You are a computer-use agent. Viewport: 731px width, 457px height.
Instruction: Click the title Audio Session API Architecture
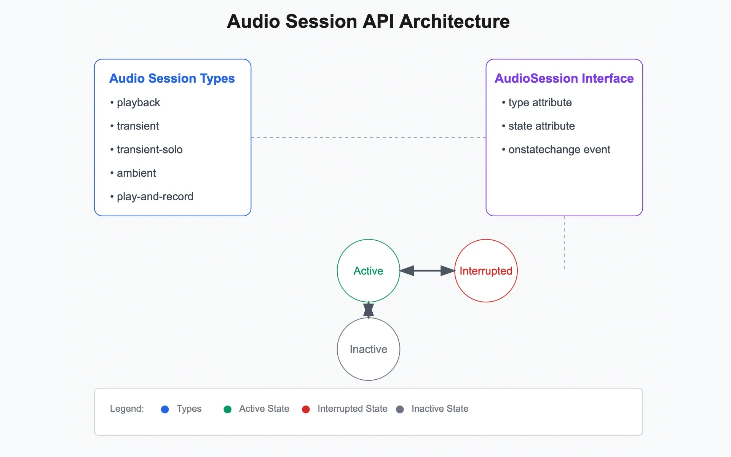(368, 21)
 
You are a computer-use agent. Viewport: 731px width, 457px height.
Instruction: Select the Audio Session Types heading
(172, 78)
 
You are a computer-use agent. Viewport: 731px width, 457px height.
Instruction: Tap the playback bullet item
(138, 103)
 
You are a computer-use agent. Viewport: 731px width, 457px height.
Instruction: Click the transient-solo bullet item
(149, 150)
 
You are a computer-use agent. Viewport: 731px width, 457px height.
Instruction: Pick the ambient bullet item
(136, 173)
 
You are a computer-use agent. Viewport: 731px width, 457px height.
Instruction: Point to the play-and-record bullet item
(155, 197)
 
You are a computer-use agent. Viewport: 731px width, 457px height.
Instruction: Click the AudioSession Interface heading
(564, 78)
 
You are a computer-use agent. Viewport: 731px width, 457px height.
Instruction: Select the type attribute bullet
(539, 103)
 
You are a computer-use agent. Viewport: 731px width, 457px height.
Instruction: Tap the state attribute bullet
(541, 126)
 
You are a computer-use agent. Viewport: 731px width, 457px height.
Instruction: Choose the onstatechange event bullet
(559, 150)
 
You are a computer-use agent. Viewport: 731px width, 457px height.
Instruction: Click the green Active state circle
(368, 271)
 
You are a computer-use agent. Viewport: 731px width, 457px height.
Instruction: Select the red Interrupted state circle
(486, 271)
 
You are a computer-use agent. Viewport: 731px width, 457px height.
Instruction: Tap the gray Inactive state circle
(368, 349)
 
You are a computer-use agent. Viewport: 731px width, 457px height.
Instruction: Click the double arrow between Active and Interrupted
(427, 271)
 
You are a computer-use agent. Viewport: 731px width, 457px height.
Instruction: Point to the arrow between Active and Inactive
(368, 310)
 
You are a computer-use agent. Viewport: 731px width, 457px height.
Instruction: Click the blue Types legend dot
(165, 409)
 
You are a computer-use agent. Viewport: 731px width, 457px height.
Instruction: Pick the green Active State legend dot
(228, 409)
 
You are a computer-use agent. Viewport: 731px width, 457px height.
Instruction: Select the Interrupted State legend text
(352, 409)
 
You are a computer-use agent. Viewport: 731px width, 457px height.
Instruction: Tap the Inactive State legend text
(440, 409)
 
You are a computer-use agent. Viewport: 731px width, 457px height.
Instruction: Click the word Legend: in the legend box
(127, 409)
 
